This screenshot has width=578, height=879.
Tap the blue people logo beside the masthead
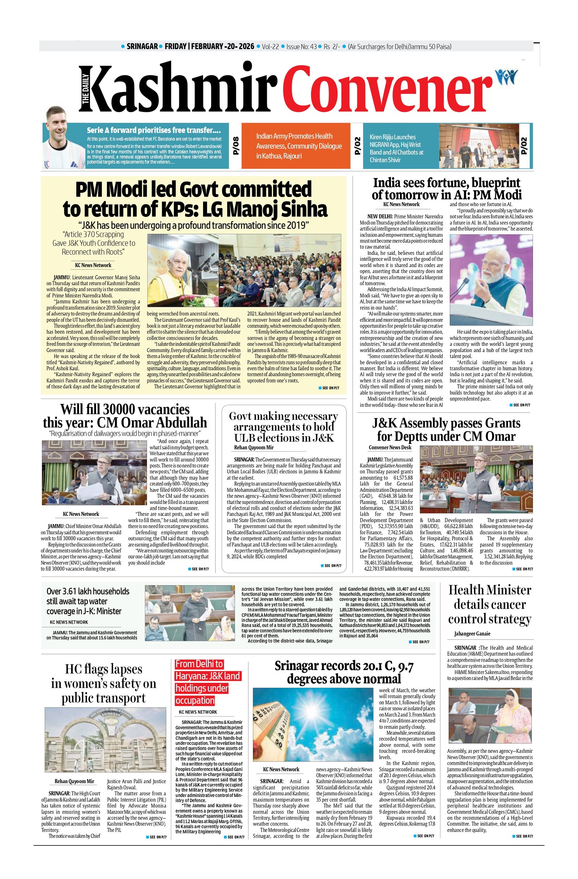(506, 77)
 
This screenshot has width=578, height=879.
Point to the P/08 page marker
(236, 146)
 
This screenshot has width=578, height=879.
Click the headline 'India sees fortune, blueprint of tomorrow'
(447, 188)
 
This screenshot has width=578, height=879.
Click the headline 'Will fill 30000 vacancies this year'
(125, 416)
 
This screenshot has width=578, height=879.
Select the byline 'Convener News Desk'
(389, 448)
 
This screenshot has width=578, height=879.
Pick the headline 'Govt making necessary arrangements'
(284, 427)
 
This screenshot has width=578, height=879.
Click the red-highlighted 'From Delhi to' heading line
(199, 664)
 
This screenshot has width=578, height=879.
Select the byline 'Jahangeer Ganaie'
(472, 634)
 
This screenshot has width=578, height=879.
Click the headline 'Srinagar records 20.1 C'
(344, 672)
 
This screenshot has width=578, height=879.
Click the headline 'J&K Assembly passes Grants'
(447, 430)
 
